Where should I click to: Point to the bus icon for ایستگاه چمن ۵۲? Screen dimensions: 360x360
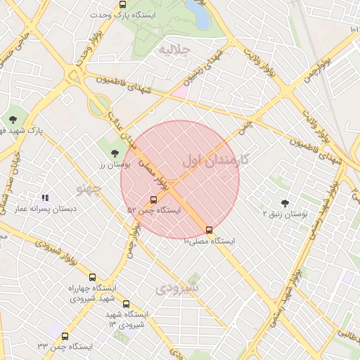[154, 200]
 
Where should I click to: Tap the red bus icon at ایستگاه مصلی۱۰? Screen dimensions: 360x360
[209, 230]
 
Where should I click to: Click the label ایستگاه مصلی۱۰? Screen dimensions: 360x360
[209, 241]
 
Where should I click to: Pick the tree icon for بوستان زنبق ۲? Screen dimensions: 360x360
[285, 202]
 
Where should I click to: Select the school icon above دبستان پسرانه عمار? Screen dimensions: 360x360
[46, 199]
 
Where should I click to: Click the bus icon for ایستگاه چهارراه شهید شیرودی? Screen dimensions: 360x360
[93, 277]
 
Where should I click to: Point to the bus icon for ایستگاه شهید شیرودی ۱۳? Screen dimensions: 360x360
[126, 304]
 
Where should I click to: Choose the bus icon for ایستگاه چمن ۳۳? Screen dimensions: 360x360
[65, 337]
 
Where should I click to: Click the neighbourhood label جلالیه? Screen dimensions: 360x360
[175, 50]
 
